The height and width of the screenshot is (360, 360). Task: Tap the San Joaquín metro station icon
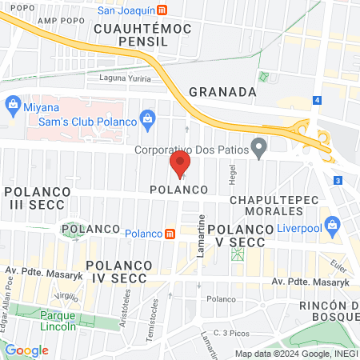163,10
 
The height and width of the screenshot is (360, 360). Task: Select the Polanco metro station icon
170,234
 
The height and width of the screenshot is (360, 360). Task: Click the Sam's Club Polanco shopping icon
146,120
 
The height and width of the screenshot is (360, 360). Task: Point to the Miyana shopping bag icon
12,103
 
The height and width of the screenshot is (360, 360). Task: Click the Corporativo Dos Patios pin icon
258,148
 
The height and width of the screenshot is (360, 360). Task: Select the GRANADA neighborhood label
222,92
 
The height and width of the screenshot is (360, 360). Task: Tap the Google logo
27,350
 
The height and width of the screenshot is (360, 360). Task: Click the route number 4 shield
318,100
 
